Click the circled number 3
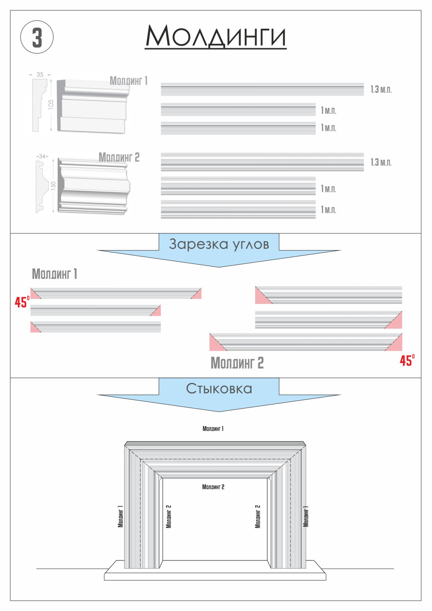click(x=37, y=37)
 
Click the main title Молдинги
click(x=216, y=36)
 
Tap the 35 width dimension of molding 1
click(x=40, y=74)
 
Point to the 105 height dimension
click(x=51, y=105)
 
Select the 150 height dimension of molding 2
click(x=53, y=185)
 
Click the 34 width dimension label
click(x=42, y=156)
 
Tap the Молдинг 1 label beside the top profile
click(x=129, y=81)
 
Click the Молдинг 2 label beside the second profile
click(x=119, y=157)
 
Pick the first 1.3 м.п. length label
click(x=381, y=90)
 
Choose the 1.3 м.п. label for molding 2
click(x=381, y=162)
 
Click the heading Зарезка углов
click(x=219, y=244)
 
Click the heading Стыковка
click(x=219, y=389)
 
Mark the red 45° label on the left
click(x=22, y=302)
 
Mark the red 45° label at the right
click(x=407, y=360)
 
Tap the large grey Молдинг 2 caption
click(x=237, y=363)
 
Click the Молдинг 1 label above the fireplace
click(x=213, y=429)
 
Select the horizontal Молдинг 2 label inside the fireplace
click(x=213, y=487)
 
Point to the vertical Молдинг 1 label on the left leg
click(x=121, y=516)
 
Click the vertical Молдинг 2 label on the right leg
click(x=258, y=516)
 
